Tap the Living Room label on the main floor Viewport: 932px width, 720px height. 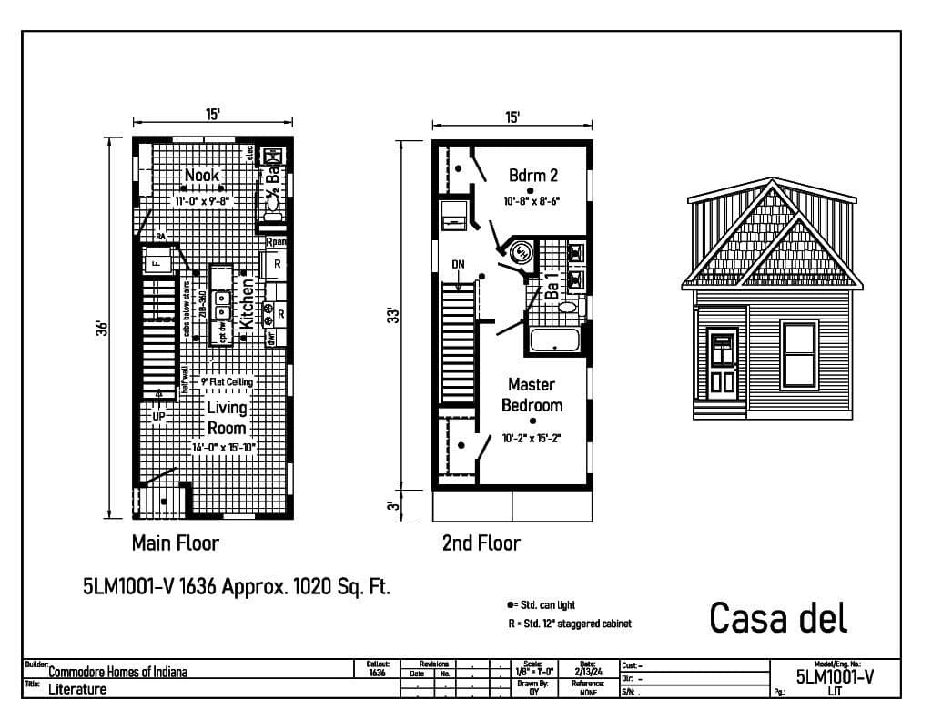[x=227, y=418]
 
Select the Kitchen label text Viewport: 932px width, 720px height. [x=247, y=303]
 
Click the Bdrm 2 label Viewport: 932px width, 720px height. [x=533, y=175]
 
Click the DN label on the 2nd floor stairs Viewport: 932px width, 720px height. [x=459, y=264]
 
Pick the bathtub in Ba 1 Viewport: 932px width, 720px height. [x=555, y=341]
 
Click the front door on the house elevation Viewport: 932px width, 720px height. [x=723, y=362]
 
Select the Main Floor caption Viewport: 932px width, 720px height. [x=176, y=543]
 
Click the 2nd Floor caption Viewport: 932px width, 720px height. [x=481, y=543]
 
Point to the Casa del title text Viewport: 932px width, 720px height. [x=778, y=617]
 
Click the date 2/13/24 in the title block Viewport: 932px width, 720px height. [x=588, y=672]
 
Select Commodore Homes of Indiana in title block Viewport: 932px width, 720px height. [x=118, y=673]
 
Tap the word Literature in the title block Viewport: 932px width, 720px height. [x=77, y=689]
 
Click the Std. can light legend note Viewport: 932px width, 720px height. [x=542, y=604]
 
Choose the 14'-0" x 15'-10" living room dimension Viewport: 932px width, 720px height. [x=224, y=448]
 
